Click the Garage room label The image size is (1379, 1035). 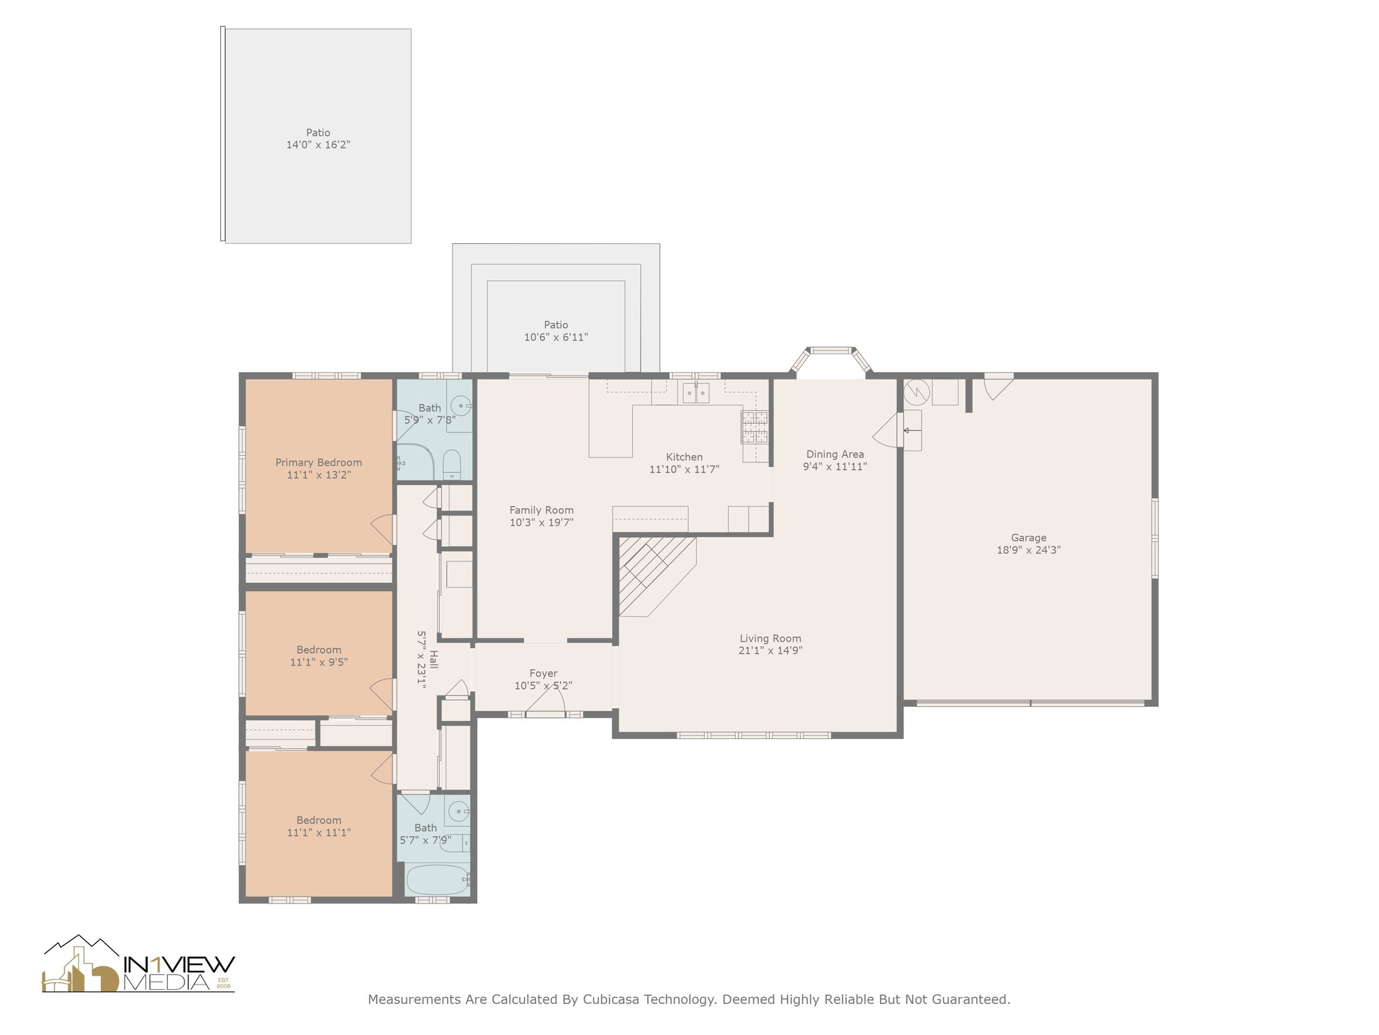[1028, 538]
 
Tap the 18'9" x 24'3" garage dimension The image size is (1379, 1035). [1028, 550]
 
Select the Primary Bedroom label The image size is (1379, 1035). [318, 462]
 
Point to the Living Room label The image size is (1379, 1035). [770, 639]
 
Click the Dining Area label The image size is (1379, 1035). [835, 454]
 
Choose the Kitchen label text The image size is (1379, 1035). [684, 457]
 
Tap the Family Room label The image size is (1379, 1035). [541, 510]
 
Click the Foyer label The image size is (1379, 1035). [543, 673]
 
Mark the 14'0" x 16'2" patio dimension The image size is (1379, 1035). [318, 145]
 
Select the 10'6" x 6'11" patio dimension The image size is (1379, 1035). [556, 337]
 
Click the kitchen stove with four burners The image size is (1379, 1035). [755, 427]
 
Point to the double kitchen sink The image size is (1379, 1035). [696, 392]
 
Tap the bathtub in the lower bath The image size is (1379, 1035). [438, 880]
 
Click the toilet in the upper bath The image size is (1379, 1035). [452, 464]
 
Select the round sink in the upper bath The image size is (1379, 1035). [460, 406]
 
